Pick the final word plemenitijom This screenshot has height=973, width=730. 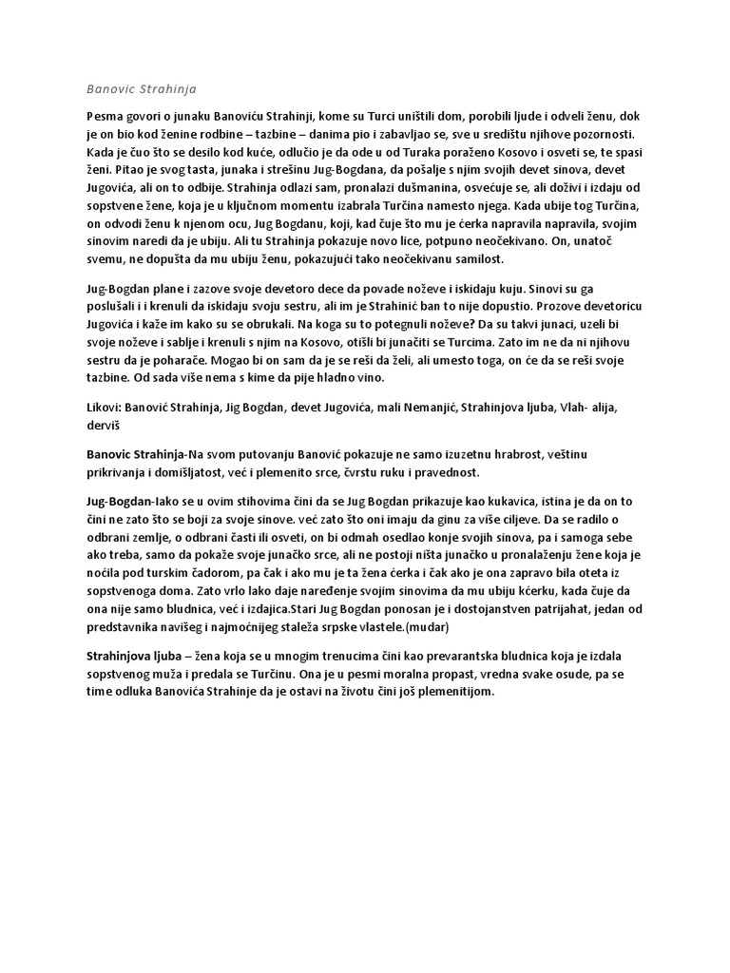pos(457,692)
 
